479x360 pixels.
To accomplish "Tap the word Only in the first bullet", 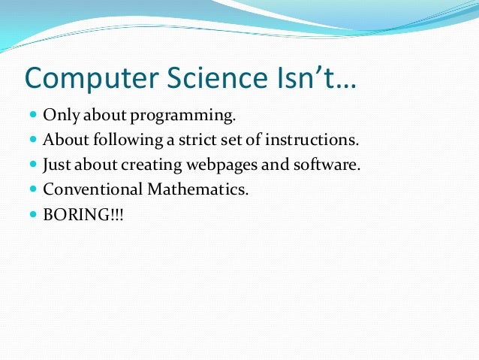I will tap(58, 117).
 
